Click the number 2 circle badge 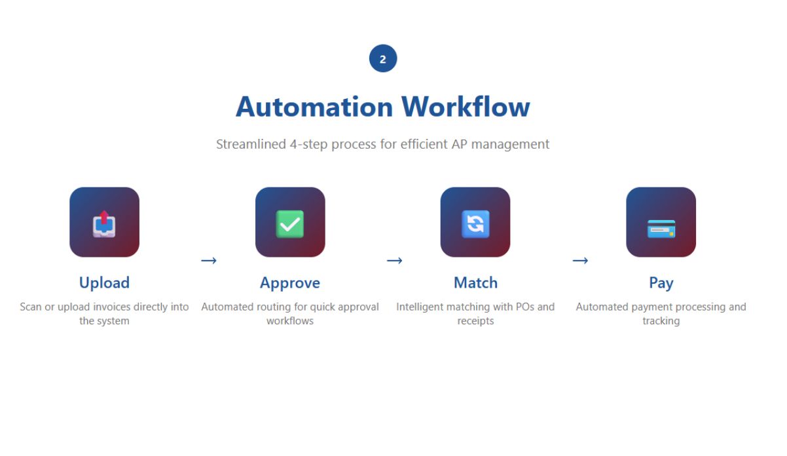(x=383, y=58)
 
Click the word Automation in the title (x=314, y=107)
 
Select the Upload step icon (x=104, y=222)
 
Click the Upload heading (x=104, y=283)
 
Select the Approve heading (x=290, y=283)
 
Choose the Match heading (x=476, y=282)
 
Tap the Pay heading (x=661, y=283)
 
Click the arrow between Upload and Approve (x=209, y=261)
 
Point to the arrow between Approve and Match (x=394, y=261)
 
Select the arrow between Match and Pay (x=580, y=261)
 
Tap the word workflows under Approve (x=290, y=321)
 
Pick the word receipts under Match (x=476, y=321)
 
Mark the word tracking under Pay (x=661, y=321)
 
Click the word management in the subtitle (x=511, y=145)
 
